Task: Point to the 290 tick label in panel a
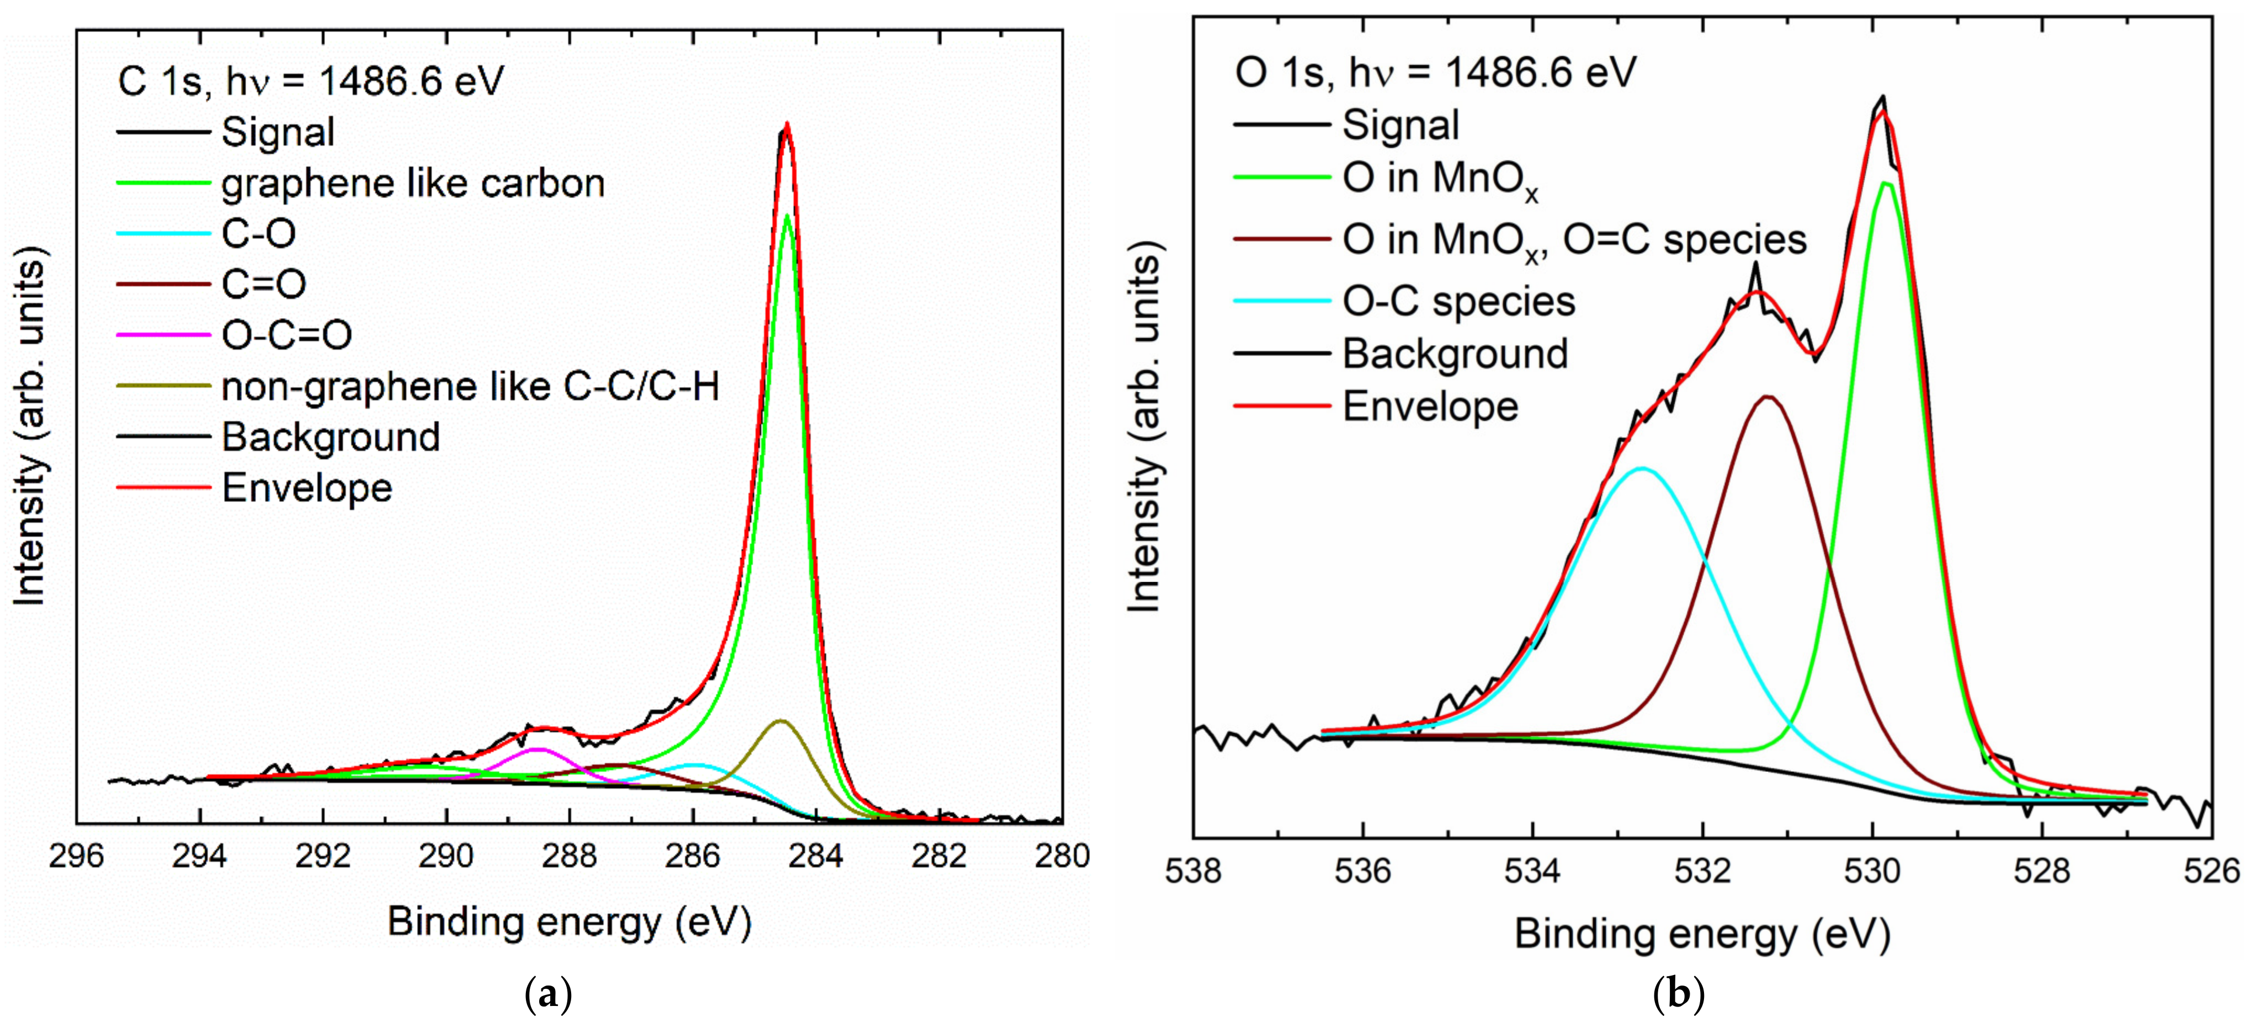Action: [446, 856]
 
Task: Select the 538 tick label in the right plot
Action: [1193, 871]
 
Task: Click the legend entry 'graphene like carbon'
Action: [413, 183]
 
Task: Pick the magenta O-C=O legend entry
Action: [286, 335]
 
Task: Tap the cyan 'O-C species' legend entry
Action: [1458, 301]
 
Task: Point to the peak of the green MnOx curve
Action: [1885, 183]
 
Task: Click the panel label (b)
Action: [1678, 994]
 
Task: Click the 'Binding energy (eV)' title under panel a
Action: [569, 922]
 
